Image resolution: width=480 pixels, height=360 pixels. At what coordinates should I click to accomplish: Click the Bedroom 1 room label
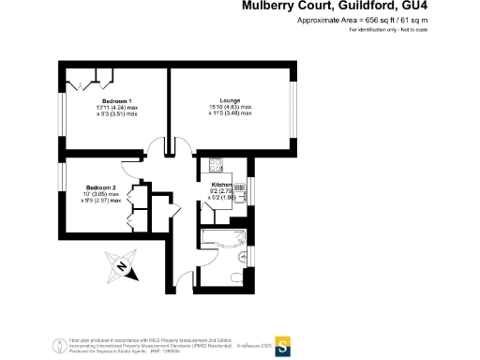[x=117, y=100]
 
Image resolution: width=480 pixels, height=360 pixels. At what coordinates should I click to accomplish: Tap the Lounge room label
[x=231, y=100]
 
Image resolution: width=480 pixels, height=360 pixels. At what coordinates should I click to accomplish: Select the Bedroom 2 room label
[x=101, y=187]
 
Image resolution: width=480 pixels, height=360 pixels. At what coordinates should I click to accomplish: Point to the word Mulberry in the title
[x=273, y=6]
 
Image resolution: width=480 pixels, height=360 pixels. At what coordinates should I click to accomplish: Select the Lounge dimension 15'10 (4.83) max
[x=231, y=108]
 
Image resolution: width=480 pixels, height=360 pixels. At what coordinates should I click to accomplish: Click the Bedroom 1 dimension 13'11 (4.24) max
[x=117, y=108]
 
